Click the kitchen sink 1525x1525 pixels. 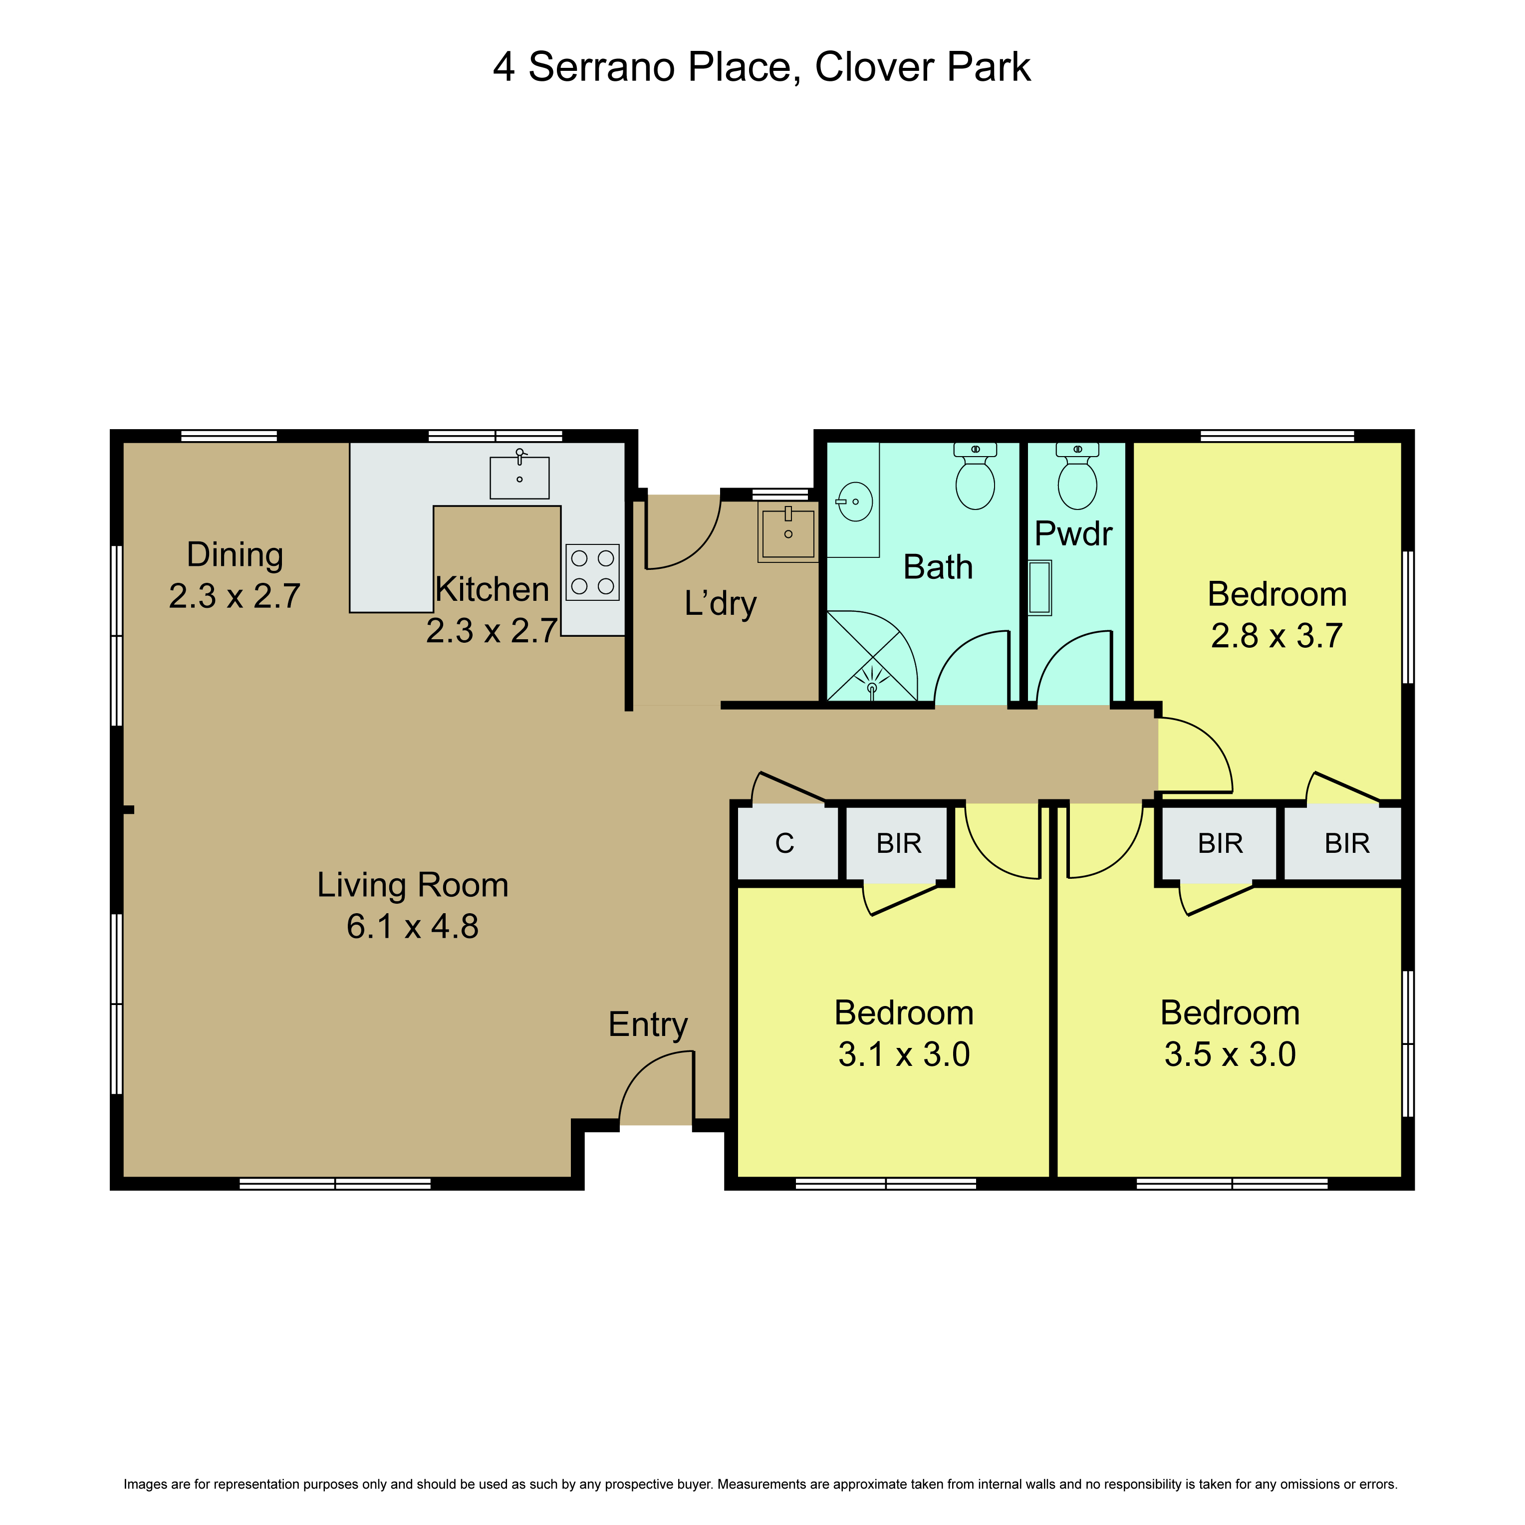tap(519, 477)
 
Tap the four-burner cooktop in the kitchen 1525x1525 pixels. tap(592, 572)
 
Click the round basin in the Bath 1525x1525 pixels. tap(855, 501)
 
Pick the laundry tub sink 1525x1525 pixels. tap(788, 531)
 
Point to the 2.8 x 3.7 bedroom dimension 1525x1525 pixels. tap(1277, 636)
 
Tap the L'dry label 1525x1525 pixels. tap(721, 604)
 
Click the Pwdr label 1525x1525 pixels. tap(1073, 533)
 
